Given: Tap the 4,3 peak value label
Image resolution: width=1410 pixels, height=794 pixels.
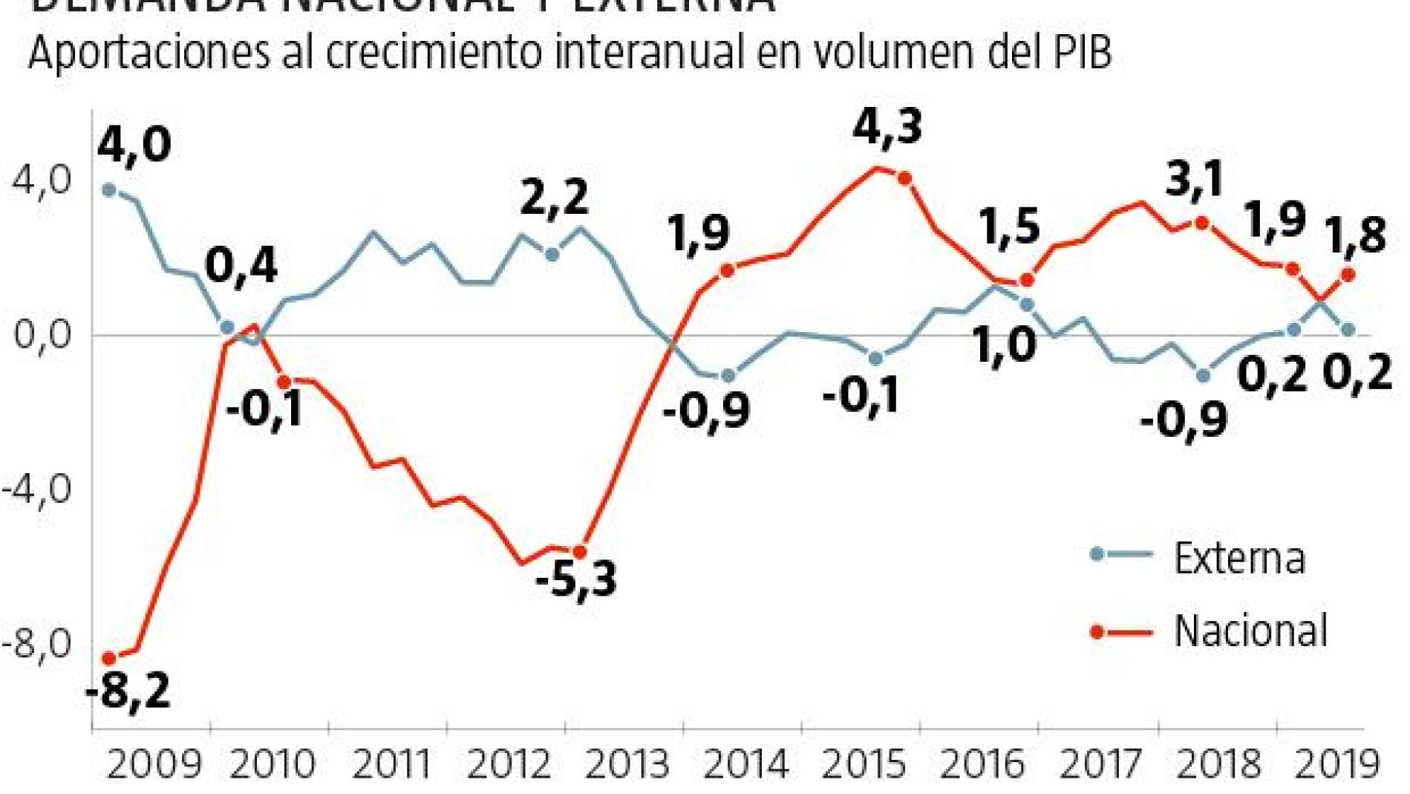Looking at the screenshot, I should click(x=887, y=127).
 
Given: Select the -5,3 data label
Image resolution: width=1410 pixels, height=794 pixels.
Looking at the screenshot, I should click(x=575, y=579).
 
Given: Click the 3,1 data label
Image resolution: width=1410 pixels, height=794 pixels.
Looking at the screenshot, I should click(x=1194, y=180).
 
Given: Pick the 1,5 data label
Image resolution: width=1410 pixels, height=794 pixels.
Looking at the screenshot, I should click(x=1011, y=226).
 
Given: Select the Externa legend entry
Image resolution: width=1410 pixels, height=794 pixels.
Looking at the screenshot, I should click(x=1238, y=558).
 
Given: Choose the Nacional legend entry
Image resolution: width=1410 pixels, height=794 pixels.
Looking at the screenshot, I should click(x=1250, y=631).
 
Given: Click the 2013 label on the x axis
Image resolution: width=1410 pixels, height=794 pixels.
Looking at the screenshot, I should click(x=628, y=764).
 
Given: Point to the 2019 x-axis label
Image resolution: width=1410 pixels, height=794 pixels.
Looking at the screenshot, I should click(x=1337, y=764).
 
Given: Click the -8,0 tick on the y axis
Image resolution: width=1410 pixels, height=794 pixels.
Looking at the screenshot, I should click(x=37, y=643).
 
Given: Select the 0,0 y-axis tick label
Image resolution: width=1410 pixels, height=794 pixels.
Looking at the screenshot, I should click(x=42, y=335).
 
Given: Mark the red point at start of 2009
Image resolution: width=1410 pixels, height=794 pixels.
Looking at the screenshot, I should click(x=109, y=658).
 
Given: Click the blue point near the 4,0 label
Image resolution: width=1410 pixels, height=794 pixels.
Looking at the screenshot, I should click(x=109, y=190).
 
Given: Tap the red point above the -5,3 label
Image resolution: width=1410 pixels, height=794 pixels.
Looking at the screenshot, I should click(x=580, y=552).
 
